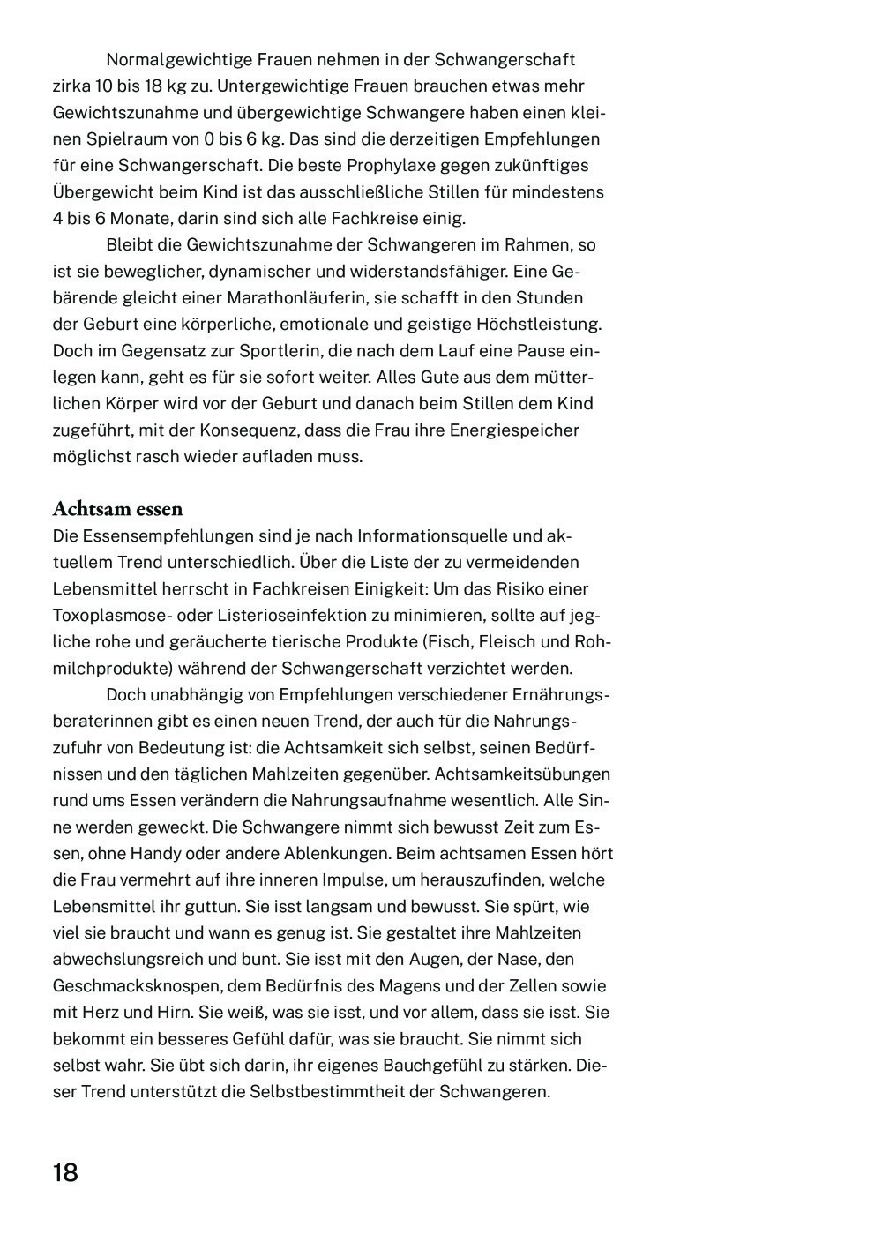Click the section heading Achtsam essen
pyautogui.click(x=117, y=509)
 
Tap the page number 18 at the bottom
pyautogui.click(x=65, y=1173)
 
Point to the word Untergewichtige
pyautogui.click(x=276, y=86)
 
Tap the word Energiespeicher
pyautogui.click(x=514, y=430)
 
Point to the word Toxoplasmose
pyautogui.click(x=107, y=616)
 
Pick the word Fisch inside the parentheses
pyautogui.click(x=453, y=642)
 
